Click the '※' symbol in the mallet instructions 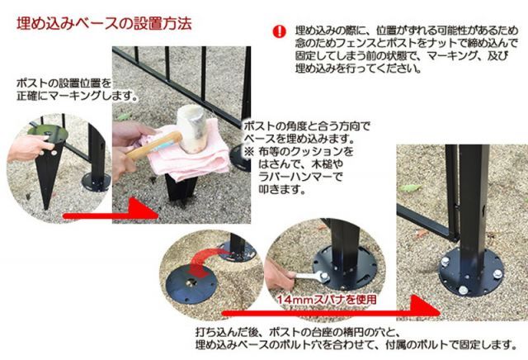click(248, 154)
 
